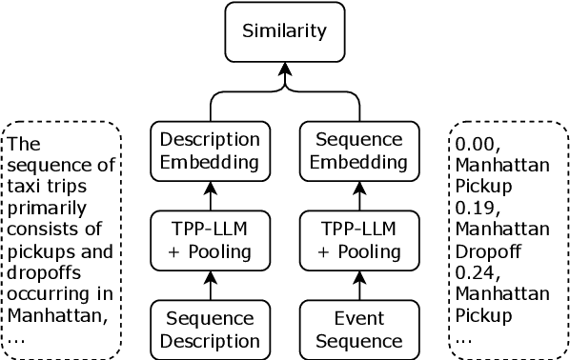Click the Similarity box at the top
[283, 31]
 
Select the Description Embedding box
[209, 150]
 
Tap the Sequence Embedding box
[359, 150]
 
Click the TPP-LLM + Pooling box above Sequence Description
[209, 240]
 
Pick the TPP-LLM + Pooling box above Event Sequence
[359, 240]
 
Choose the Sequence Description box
[209, 329]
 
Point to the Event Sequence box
[359, 329]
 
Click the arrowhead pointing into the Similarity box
[283, 70]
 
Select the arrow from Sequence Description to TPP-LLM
[209, 285]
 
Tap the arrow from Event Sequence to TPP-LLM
[359, 285]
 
